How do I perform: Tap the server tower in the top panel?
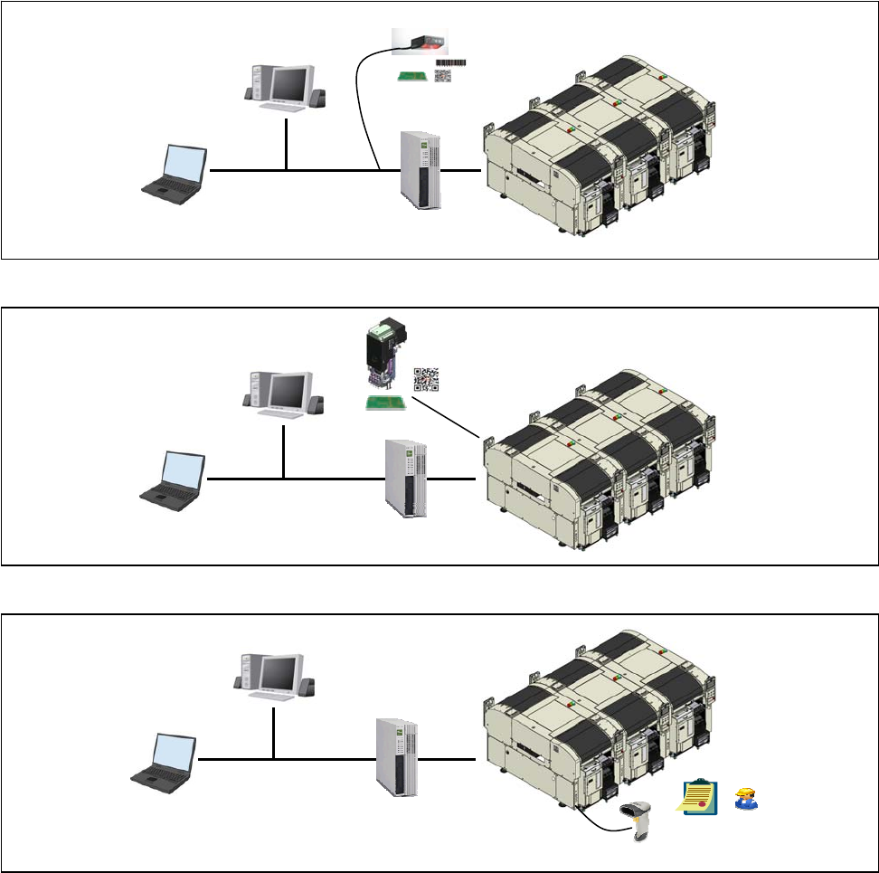[x=421, y=170]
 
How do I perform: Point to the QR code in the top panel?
[x=443, y=76]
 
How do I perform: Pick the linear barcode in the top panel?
[x=450, y=62]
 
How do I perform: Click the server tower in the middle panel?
[x=404, y=477]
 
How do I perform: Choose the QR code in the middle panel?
[x=426, y=380]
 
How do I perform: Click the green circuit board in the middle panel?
[x=383, y=403]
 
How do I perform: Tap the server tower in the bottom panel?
[x=394, y=757]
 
